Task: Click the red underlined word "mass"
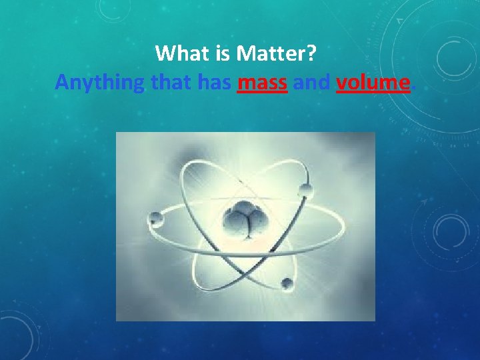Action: point(262,83)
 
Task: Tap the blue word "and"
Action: point(311,83)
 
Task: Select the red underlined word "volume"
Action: point(372,83)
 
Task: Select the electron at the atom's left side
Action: point(156,217)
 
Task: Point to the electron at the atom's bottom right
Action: point(287,283)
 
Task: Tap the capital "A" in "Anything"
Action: point(62,83)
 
